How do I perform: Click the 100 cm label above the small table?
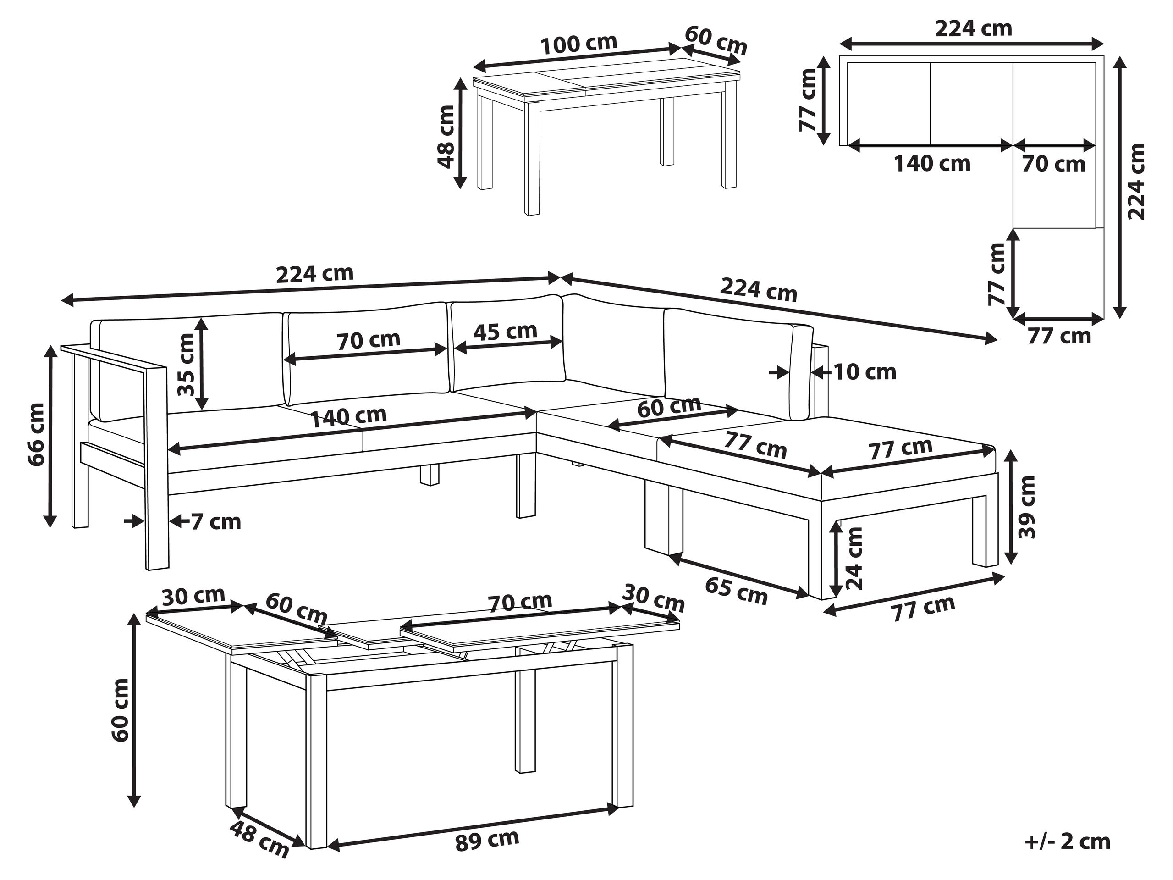point(578,44)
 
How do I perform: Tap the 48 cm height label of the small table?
point(447,136)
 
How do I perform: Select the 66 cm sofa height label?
point(37,434)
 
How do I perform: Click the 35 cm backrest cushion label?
point(186,365)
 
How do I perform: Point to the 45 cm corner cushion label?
point(505,331)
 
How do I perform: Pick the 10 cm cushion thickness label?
point(865,372)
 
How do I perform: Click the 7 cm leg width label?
point(215,522)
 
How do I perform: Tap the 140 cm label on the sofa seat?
point(348,417)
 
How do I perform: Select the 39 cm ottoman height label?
point(1027,507)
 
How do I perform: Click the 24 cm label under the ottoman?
point(854,559)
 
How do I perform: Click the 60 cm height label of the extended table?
point(121,711)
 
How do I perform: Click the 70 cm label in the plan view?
point(1054,164)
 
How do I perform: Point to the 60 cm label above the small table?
point(716,40)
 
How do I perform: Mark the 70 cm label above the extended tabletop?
point(520,602)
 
